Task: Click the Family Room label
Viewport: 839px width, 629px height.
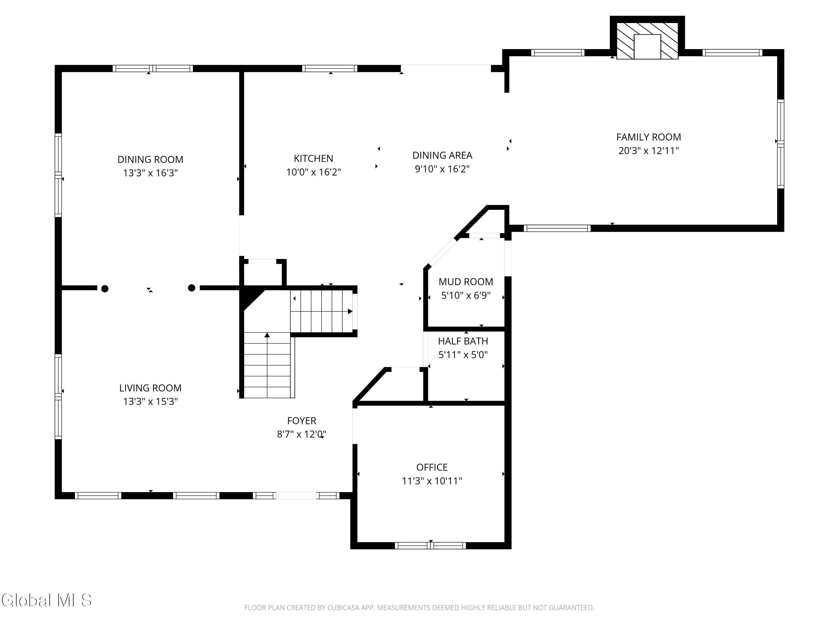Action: coord(648,137)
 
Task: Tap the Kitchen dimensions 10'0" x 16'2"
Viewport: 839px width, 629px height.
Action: coord(313,172)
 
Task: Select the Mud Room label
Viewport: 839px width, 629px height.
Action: coord(466,282)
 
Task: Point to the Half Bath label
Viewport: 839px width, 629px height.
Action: coord(463,341)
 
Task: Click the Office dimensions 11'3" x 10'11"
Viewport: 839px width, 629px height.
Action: coord(432,481)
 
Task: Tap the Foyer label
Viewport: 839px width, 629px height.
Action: coord(301,420)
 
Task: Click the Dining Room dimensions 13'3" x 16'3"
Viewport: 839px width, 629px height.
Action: coord(150,173)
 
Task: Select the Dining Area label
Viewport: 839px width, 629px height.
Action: coord(442,155)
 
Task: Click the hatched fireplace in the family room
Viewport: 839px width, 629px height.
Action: coord(647,41)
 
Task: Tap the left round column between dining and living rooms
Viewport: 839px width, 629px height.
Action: coord(105,289)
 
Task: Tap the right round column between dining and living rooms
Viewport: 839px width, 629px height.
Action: coord(192,288)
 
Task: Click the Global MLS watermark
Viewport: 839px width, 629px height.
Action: coord(46,600)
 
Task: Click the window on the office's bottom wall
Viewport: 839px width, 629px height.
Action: coord(430,546)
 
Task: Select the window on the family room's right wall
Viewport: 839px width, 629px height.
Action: coord(780,144)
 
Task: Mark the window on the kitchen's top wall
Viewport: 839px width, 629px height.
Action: coord(330,68)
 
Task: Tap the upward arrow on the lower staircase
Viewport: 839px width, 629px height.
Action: coord(267,365)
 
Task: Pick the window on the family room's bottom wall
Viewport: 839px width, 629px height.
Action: coord(557,228)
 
